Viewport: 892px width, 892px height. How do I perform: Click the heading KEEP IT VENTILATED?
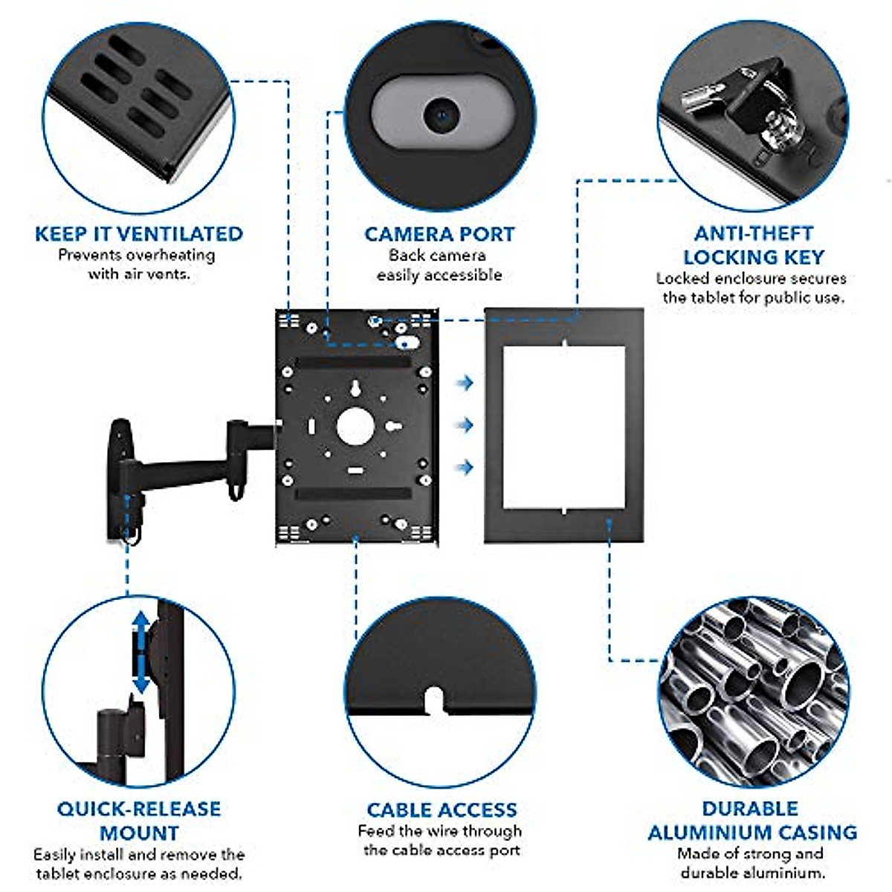point(139,233)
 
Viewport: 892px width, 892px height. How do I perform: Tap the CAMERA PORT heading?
point(439,234)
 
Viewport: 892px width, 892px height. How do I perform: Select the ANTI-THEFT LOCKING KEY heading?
point(754,245)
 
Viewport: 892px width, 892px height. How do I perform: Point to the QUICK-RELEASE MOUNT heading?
point(139,821)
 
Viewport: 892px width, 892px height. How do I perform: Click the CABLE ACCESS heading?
point(442,809)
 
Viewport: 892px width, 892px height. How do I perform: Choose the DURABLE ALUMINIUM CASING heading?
point(752,821)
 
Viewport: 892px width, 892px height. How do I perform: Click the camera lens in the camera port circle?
point(440,115)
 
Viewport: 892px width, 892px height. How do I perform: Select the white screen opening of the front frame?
point(563,427)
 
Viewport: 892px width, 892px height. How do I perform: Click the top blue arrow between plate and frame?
point(465,383)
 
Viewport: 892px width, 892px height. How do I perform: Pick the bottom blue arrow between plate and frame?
point(465,467)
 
